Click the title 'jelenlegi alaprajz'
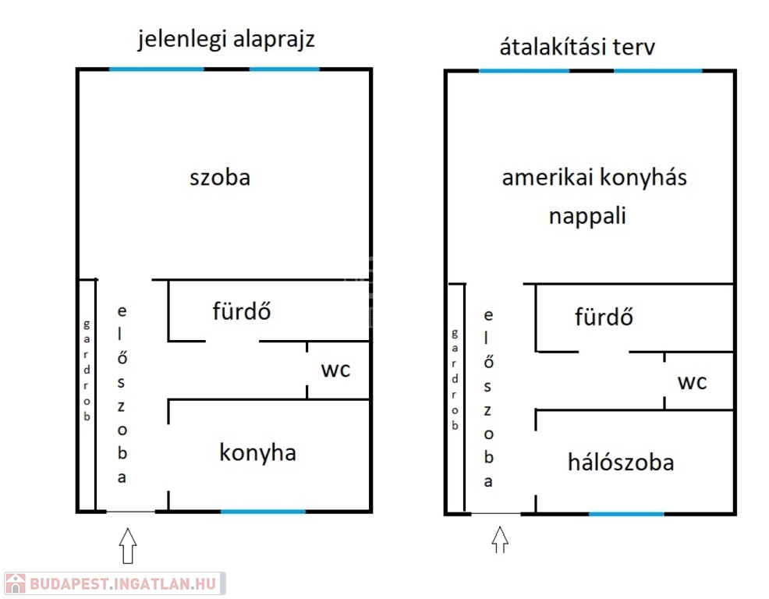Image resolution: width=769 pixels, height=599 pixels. tap(226, 40)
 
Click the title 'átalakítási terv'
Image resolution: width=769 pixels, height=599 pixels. tap(577, 47)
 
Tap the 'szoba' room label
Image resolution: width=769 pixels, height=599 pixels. tap(220, 177)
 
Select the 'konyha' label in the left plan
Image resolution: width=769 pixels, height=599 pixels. tap(257, 452)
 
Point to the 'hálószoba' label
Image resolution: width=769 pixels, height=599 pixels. tap(621, 462)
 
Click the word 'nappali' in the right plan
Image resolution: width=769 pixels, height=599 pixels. tap(587, 216)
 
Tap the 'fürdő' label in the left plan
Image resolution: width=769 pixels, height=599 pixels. tap(241, 311)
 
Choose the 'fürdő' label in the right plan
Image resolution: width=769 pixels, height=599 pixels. tap(604, 317)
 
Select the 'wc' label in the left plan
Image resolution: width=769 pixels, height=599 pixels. tap(335, 370)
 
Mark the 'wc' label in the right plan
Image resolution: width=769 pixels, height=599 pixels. tap(692, 382)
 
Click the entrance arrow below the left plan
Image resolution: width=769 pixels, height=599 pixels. tap(127, 545)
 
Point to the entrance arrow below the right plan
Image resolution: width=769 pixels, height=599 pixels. tap(500, 540)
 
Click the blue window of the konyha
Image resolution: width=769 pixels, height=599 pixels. tap(263, 512)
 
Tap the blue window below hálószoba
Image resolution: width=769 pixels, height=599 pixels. tap(626, 514)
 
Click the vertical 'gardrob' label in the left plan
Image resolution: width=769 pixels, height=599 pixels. tap(87, 370)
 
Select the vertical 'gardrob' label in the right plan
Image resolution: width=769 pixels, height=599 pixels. tap(455, 379)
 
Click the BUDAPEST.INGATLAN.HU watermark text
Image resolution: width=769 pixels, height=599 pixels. tap(122, 584)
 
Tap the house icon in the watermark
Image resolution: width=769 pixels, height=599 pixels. tap(15, 583)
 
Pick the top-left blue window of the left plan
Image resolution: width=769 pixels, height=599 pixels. tap(157, 69)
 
